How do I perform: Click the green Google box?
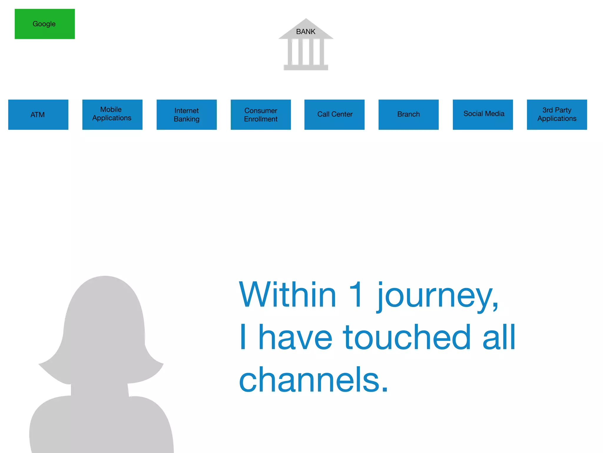[x=45, y=24]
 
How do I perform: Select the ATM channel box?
[x=38, y=115]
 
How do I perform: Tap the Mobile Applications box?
[x=112, y=115]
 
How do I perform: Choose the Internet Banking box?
[x=186, y=115]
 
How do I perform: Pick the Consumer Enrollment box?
[x=261, y=115]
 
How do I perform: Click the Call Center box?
[x=334, y=115]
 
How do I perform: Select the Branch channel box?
[x=408, y=115]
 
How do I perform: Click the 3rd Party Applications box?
[x=557, y=115]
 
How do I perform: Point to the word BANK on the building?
[x=306, y=32]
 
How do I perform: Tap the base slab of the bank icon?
[x=306, y=68]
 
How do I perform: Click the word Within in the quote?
[x=287, y=295]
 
